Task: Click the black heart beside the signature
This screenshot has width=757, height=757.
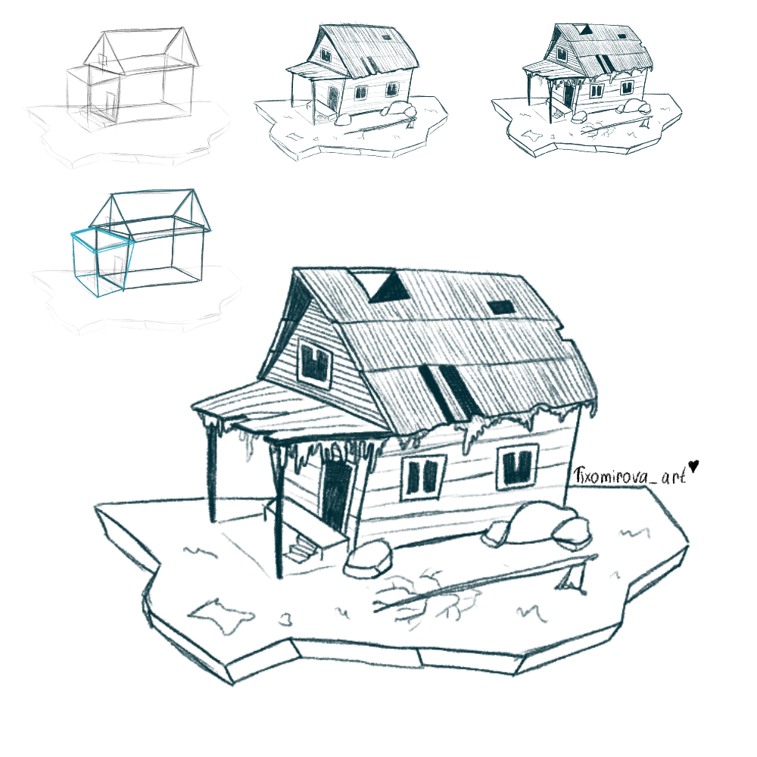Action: [693, 466]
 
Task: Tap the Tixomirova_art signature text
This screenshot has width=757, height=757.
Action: [630, 476]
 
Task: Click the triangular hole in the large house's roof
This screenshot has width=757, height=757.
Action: [390, 287]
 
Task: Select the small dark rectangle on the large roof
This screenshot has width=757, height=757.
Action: [502, 307]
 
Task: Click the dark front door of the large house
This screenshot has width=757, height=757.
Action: [336, 494]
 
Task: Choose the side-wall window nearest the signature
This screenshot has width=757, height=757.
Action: [518, 467]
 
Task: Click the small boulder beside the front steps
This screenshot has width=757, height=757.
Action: [367, 559]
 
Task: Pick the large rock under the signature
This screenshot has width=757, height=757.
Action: [537, 526]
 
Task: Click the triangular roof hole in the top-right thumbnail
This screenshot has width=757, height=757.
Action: [586, 30]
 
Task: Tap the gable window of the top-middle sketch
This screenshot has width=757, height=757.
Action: [326, 55]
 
